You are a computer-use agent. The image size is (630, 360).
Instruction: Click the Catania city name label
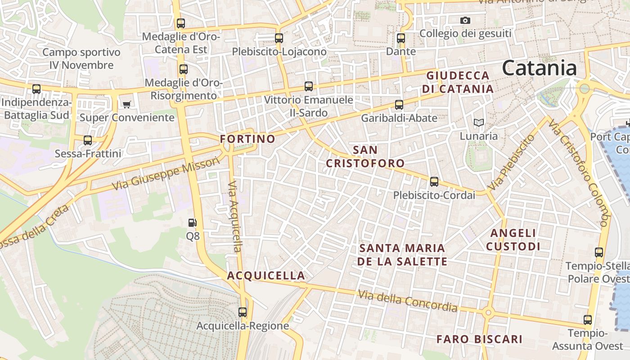tap(539, 68)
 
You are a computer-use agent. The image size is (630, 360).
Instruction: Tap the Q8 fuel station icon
tap(192, 222)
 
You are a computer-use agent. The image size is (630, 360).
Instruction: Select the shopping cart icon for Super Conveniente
tap(127, 104)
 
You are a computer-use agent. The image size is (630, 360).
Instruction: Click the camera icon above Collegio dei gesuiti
tap(465, 20)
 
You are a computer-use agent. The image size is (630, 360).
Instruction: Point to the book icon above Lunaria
tap(478, 122)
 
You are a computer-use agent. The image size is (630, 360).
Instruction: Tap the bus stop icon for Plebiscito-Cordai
tap(434, 182)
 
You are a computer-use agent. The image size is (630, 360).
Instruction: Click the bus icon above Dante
tap(401, 38)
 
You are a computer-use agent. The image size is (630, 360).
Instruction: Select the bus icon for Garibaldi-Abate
tap(399, 105)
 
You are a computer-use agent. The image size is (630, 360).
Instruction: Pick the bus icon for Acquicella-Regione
tap(243, 312)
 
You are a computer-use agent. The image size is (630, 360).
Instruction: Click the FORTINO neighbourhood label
tap(247, 139)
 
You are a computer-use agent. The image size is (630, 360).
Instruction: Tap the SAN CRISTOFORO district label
tap(365, 156)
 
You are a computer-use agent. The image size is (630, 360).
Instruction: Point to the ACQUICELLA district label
tap(266, 275)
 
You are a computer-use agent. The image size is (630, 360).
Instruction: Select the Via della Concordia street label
tap(408, 301)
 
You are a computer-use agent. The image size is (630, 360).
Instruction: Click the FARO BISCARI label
tap(479, 339)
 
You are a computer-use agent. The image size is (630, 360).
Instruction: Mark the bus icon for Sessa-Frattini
tap(88, 140)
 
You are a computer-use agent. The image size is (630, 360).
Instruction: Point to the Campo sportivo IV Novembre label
tap(81, 58)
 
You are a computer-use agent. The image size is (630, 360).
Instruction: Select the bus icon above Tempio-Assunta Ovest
tap(588, 320)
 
